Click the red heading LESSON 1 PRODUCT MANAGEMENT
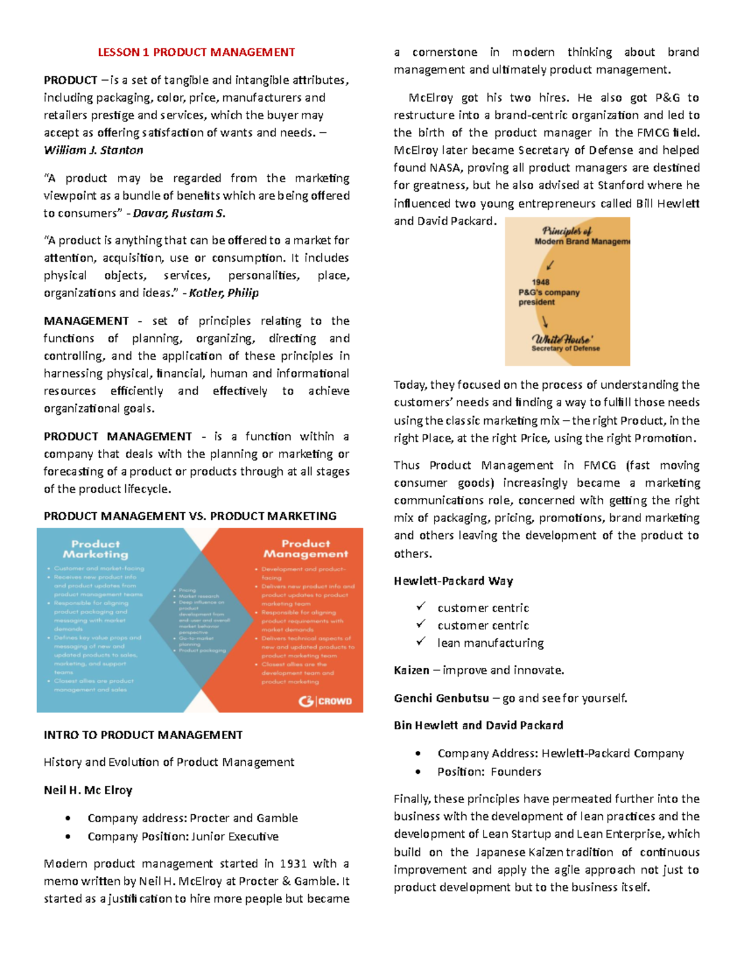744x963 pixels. coord(196,52)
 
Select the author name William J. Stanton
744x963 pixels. coord(93,150)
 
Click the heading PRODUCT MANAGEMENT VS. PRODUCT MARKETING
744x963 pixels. coord(190,516)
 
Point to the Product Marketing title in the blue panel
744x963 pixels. coord(95,549)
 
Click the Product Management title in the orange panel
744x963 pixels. coord(306,549)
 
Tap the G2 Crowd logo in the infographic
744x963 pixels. coord(325,701)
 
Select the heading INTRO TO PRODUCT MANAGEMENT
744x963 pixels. coord(143,735)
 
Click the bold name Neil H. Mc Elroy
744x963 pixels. coord(88,790)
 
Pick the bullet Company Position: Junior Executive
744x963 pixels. coord(183,837)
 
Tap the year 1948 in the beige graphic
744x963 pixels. coord(540,282)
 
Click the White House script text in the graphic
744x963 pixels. coord(562,339)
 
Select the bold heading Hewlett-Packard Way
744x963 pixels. coord(453,581)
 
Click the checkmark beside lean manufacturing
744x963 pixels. coord(421,642)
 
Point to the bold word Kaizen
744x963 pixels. coord(411,670)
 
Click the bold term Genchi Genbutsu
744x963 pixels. coord(441,698)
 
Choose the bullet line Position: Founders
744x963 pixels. coord(489,771)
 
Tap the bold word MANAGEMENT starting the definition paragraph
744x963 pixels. coord(86,321)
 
